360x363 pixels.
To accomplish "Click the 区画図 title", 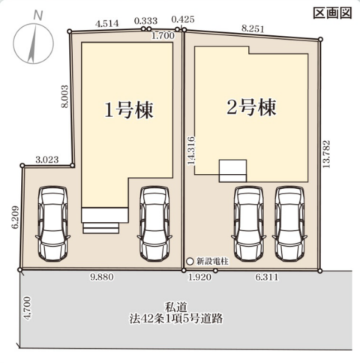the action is [332, 13].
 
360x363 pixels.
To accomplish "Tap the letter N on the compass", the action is [38, 15].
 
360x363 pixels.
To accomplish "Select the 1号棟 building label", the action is [128, 110].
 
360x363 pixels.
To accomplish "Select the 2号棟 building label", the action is [251, 107].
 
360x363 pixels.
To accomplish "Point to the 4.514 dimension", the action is [107, 23].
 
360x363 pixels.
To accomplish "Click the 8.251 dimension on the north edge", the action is [253, 28].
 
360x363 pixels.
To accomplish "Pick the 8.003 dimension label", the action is [64, 97].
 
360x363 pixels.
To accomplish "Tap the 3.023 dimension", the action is [47, 160].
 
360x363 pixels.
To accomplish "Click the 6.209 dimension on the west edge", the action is [15, 217].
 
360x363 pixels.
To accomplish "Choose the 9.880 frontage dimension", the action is [102, 277].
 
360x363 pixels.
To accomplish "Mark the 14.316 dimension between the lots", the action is [191, 151].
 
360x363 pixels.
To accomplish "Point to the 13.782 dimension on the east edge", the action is [326, 154].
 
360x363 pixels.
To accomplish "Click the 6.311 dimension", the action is [267, 277].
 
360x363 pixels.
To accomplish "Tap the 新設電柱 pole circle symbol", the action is [190, 262].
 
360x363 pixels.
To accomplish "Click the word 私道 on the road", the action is [176, 307].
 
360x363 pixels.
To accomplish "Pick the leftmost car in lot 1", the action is [52, 223].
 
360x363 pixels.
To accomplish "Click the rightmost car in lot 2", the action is [289, 224].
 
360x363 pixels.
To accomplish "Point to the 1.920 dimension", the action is [199, 277].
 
